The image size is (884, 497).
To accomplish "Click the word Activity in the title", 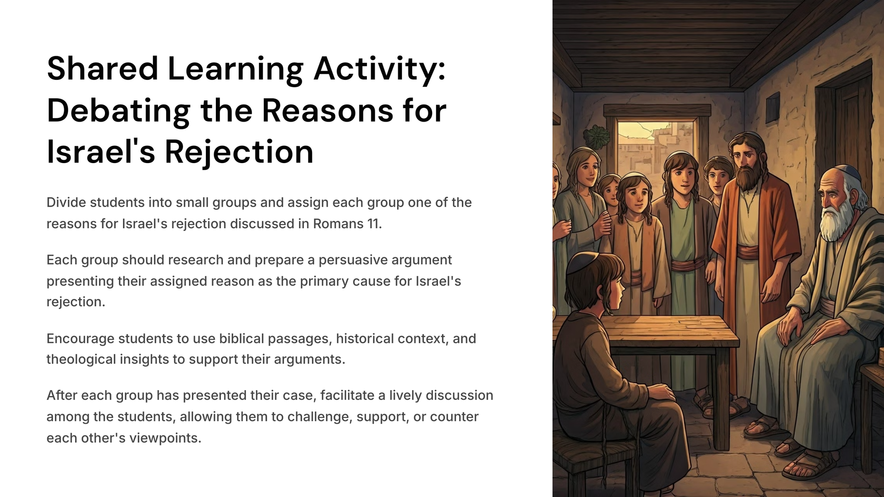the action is [x=379, y=69].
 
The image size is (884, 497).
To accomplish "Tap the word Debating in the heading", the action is [x=118, y=111].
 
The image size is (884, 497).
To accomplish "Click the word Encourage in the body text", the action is [x=80, y=339].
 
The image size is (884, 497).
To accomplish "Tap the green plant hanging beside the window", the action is [x=597, y=136].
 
